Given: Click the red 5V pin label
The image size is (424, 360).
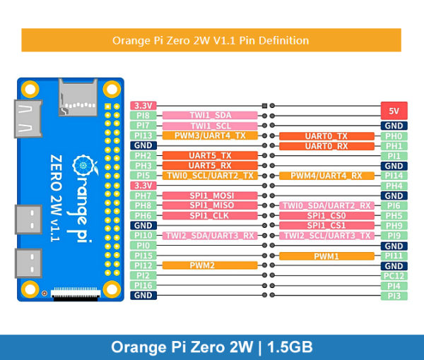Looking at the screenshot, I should pyautogui.click(x=393, y=110).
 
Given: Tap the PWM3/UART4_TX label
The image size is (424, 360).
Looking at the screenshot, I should pyautogui.click(x=210, y=136).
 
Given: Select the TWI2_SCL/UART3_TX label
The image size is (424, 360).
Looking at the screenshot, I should pyautogui.click(x=326, y=236).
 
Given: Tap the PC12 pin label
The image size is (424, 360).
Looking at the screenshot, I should pyautogui.click(x=393, y=275).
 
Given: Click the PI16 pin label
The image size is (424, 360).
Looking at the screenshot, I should pyautogui.click(x=143, y=285).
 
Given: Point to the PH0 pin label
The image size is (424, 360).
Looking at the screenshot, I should pyautogui.click(x=393, y=136).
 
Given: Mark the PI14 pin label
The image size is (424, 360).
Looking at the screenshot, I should pyautogui.click(x=393, y=176).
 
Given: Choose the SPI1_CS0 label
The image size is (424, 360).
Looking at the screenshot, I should pyautogui.click(x=326, y=215).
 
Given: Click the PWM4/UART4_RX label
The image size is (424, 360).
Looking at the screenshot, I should pyautogui.click(x=326, y=176).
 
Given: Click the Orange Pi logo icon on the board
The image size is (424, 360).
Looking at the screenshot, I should pyautogui.click(x=86, y=167).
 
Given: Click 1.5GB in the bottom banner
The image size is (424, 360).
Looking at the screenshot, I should pyautogui.click(x=290, y=347).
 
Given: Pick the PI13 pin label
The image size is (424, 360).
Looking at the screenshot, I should pyautogui.click(x=143, y=136).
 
